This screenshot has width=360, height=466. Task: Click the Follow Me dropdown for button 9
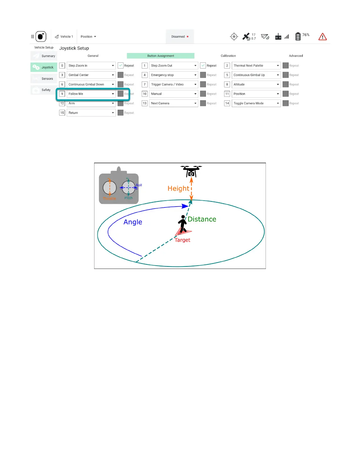click(x=91, y=94)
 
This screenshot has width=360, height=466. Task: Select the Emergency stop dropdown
click(x=173, y=75)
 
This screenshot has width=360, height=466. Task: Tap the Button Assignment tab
click(x=161, y=56)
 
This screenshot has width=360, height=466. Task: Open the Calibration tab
click(x=228, y=56)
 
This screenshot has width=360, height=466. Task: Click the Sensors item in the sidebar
click(x=44, y=79)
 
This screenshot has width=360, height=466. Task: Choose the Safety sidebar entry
click(x=44, y=90)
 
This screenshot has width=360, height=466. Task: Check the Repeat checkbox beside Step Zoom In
click(x=121, y=66)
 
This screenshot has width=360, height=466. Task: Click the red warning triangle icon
click(x=323, y=37)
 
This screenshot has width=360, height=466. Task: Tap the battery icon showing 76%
click(x=298, y=36)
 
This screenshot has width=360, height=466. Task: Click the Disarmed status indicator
click(x=180, y=37)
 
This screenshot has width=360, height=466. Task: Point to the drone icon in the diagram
click(x=191, y=171)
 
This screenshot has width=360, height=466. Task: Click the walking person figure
click(x=183, y=224)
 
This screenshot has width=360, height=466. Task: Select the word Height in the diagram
click(x=178, y=189)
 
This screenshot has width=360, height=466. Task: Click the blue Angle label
click(x=133, y=222)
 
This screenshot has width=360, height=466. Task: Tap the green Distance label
click(x=202, y=219)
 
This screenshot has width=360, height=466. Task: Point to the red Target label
click(x=182, y=240)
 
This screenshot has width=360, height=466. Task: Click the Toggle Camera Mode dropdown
click(x=256, y=103)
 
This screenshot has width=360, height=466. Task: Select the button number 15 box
click(x=62, y=113)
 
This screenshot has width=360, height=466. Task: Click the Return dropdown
click(x=91, y=113)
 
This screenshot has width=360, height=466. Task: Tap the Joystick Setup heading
click(x=74, y=48)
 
